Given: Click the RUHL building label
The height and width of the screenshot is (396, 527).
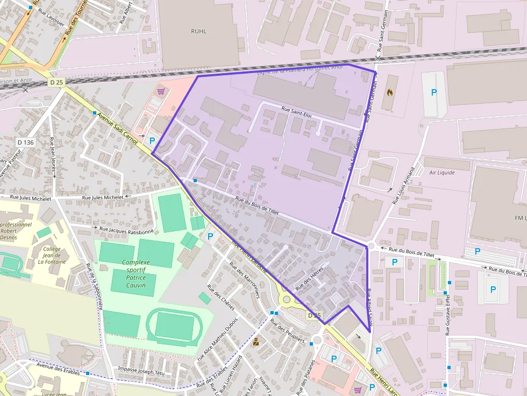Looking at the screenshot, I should tap(198, 31).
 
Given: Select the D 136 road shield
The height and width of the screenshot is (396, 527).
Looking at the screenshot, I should tap(25, 142).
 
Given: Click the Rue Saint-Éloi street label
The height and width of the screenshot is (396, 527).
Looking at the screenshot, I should tap(296, 112).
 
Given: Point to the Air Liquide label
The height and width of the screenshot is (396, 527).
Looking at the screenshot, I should tap(441, 172).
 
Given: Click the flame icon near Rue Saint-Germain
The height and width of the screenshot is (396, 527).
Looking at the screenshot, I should tap(389, 92).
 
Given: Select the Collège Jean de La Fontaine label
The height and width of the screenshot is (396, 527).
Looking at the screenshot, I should tap(52, 256).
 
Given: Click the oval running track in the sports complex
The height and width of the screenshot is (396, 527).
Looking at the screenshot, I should tap(174, 325).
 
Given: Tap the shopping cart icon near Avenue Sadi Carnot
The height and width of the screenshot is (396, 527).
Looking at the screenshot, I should tap(160, 91).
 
